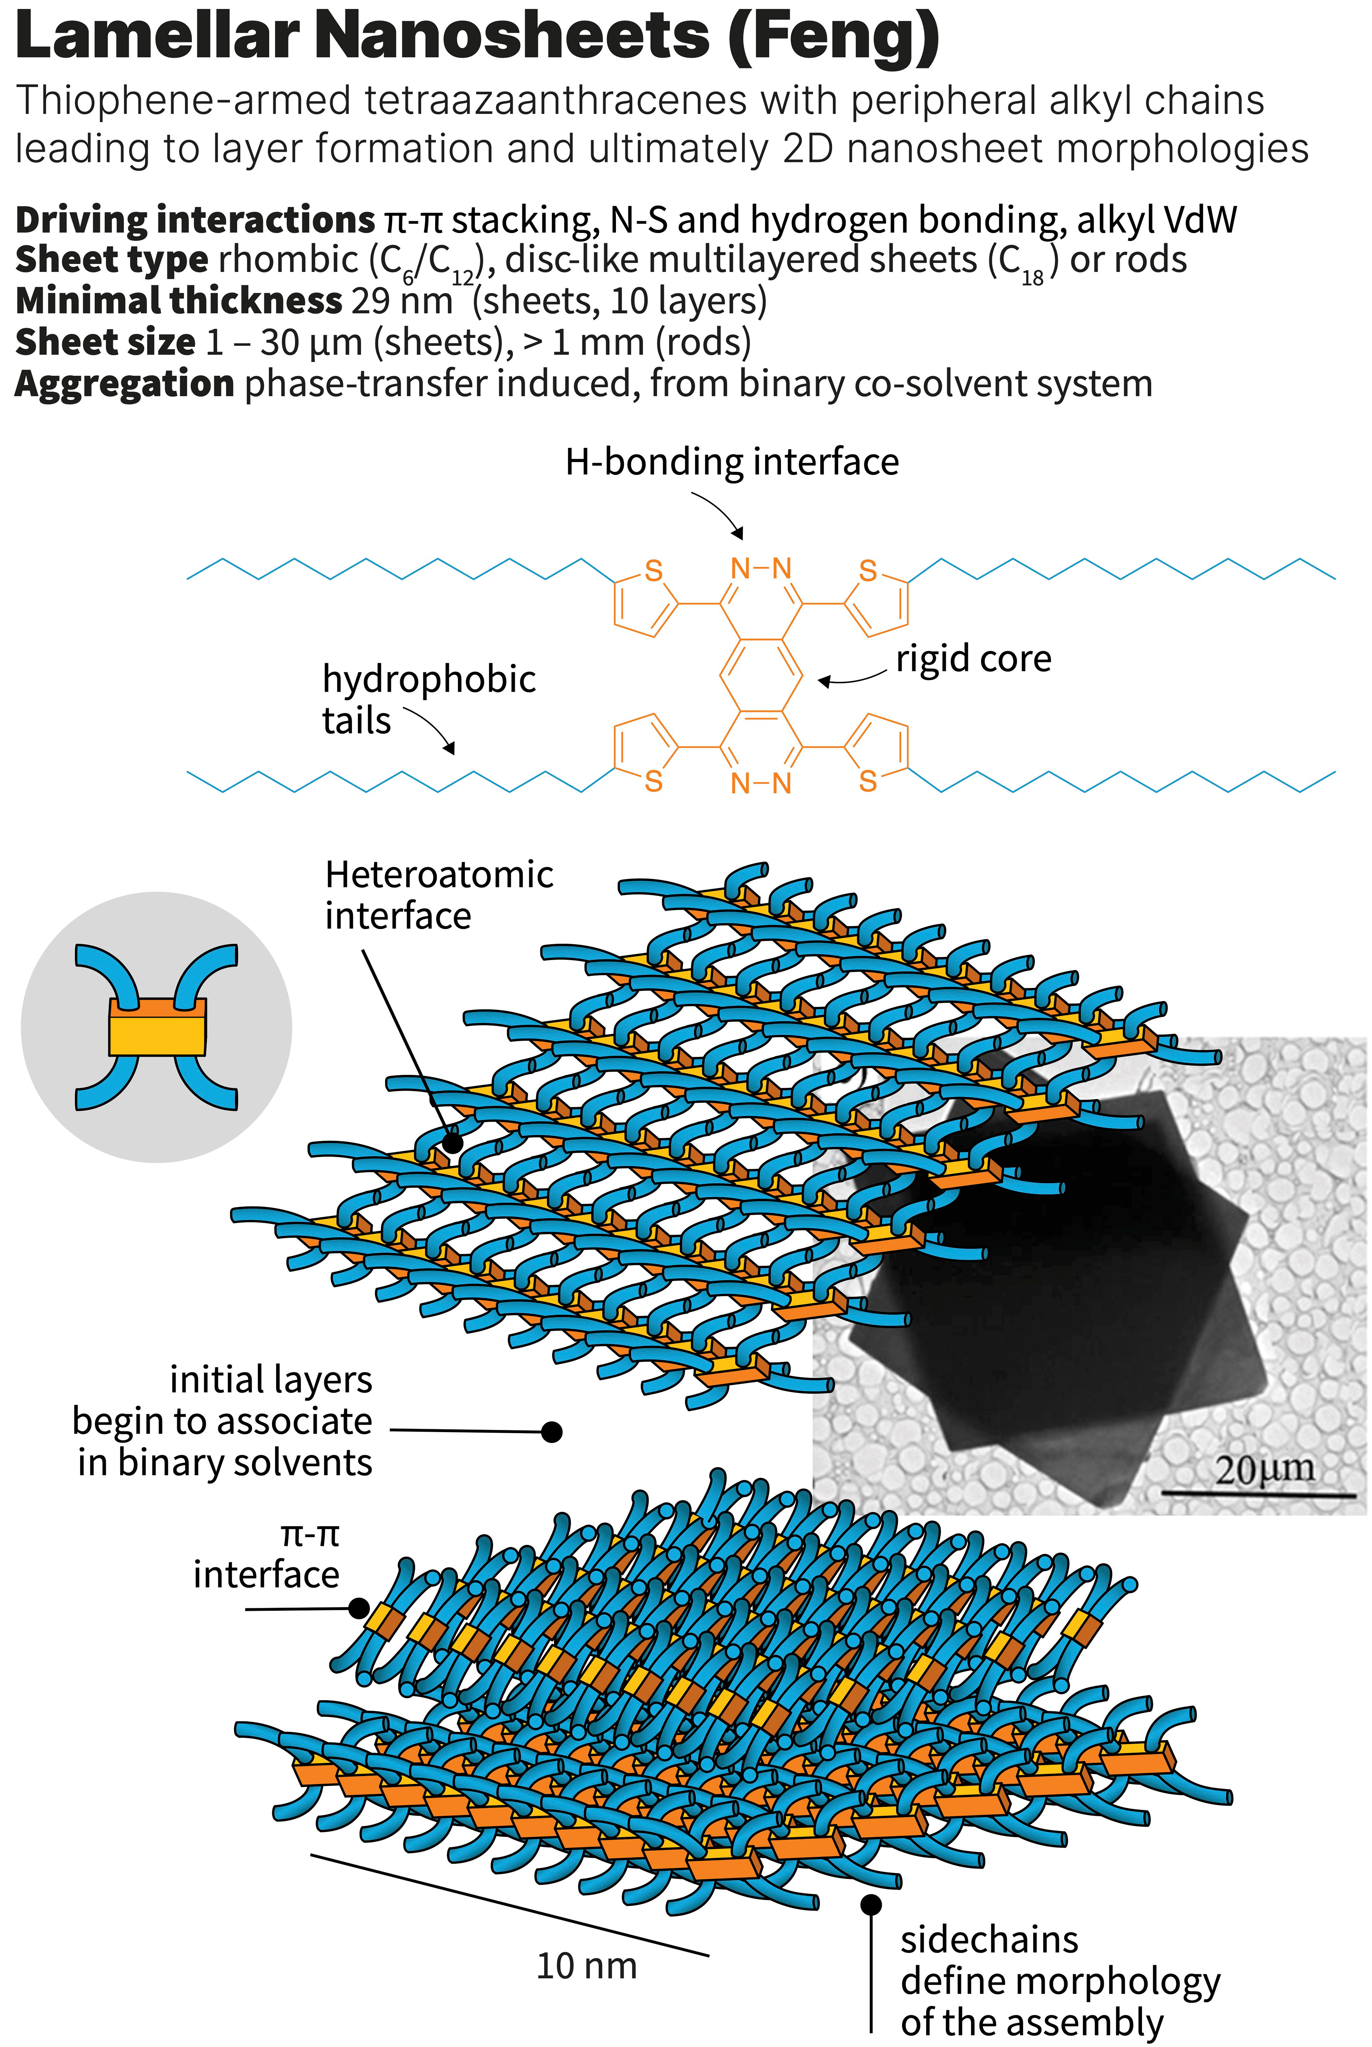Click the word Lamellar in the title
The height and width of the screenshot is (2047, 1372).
[x=158, y=37]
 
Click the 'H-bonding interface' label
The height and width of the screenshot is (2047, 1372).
[x=731, y=462]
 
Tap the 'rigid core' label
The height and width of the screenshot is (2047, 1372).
[x=973, y=659]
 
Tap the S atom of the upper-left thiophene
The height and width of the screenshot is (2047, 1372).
[x=653, y=571]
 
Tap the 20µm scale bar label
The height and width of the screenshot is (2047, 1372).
[x=1264, y=1469]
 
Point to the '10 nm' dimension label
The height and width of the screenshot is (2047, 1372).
[x=586, y=1965]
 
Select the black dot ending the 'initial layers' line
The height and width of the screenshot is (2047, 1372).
[x=551, y=1432]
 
